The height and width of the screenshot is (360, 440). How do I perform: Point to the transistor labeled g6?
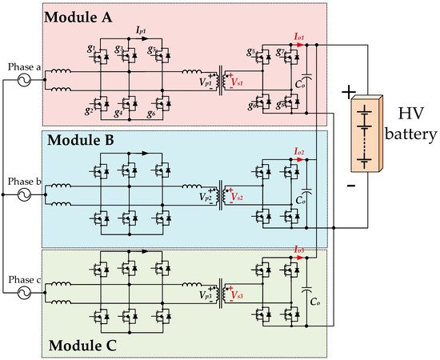pyautogui.click(x=164, y=98)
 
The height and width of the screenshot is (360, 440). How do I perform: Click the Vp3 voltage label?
pyautogui.click(x=205, y=296)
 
